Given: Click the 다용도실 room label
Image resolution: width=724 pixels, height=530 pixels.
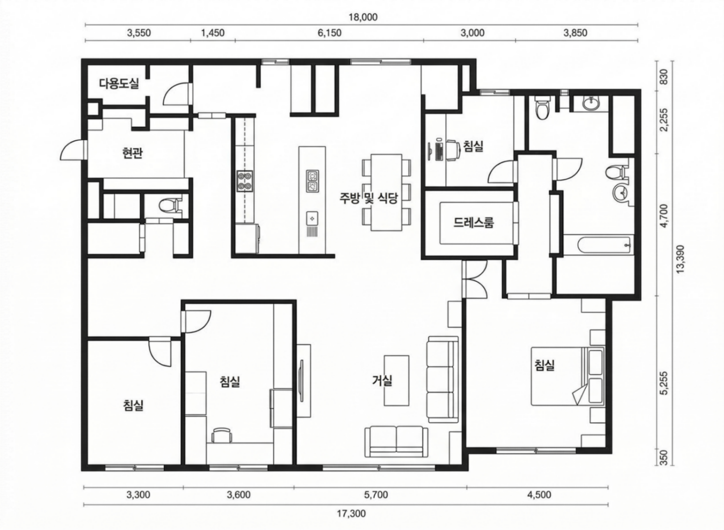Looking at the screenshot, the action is (x=120, y=84).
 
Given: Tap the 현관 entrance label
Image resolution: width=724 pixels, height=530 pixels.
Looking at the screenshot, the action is (x=133, y=153).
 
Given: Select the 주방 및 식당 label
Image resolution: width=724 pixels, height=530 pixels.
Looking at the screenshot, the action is (x=369, y=199).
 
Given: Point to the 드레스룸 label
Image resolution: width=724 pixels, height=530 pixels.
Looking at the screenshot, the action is (x=474, y=222).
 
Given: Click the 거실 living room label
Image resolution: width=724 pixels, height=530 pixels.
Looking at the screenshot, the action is (x=382, y=380).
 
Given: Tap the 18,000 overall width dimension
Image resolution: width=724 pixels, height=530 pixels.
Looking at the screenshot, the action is (x=363, y=17).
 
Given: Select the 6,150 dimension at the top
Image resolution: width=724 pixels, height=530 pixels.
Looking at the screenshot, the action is (x=329, y=33).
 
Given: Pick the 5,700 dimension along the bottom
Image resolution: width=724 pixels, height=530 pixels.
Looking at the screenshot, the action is (x=376, y=495).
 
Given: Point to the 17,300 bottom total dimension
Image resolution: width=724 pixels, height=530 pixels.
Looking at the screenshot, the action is (x=352, y=514).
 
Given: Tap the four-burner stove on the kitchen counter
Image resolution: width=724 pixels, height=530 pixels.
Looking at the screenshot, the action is (x=245, y=181).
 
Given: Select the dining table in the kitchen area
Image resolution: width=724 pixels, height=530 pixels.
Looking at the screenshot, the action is (x=386, y=192).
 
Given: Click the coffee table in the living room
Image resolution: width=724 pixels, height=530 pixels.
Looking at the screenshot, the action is (x=396, y=381).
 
